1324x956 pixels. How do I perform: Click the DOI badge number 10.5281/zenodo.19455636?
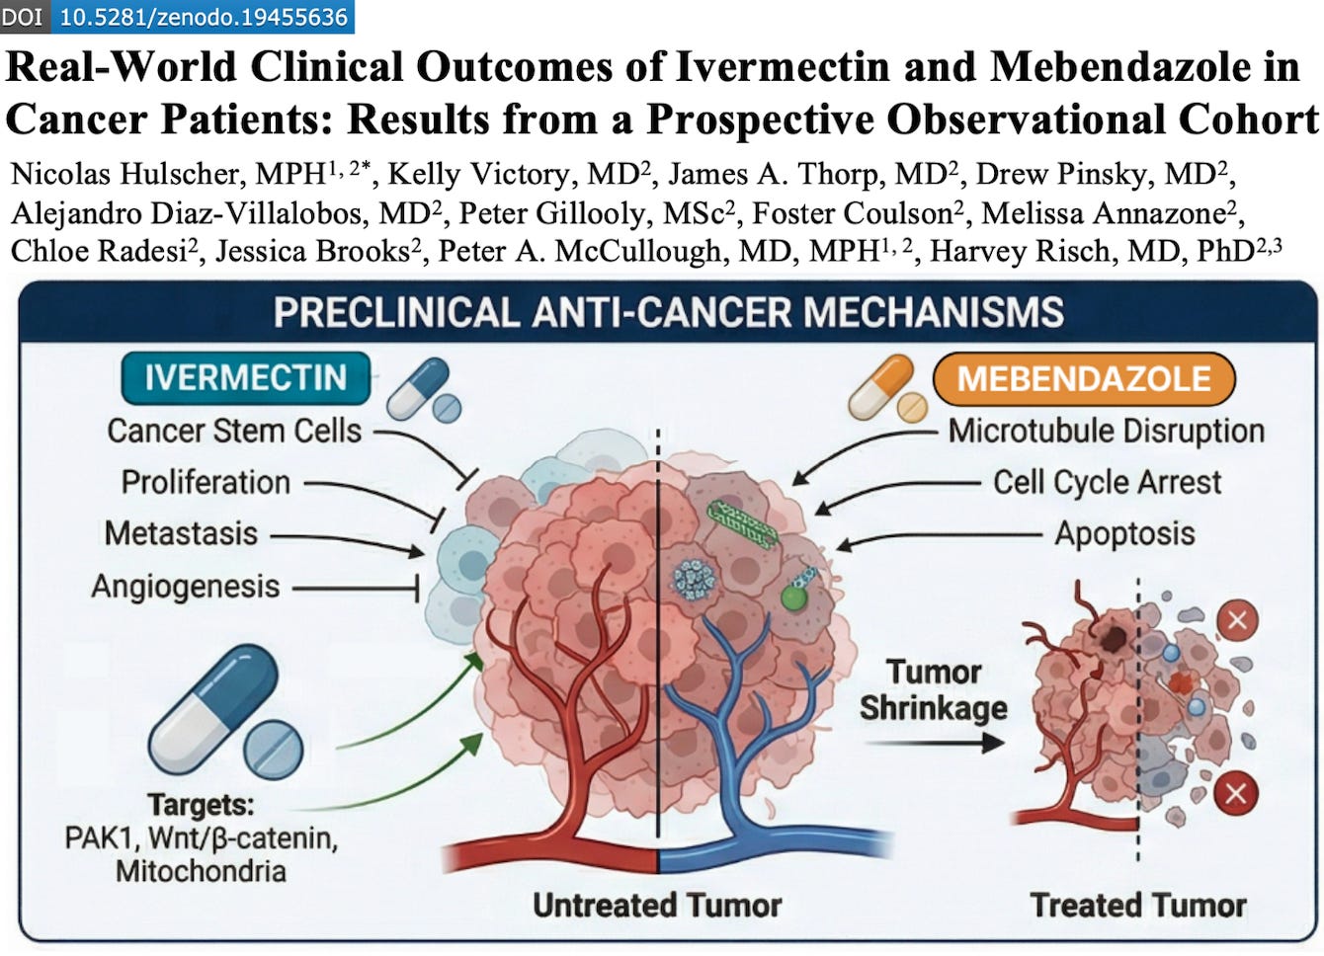coord(204,17)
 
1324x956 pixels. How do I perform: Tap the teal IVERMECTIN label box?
coord(245,378)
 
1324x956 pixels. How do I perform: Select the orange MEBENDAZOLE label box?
coord(1084,379)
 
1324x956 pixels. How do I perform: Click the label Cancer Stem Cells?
coord(234,431)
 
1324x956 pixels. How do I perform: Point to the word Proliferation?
coord(206,482)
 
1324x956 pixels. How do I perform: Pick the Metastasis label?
coord(181,533)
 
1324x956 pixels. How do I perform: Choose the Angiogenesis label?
coord(186,587)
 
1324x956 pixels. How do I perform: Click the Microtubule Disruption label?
coord(1107,431)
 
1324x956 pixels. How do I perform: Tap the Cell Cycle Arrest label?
coord(1107,482)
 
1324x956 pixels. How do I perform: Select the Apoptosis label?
coord(1124,533)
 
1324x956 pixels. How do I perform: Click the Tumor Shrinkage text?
coord(933,689)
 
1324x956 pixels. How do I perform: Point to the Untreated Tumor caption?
coord(657,905)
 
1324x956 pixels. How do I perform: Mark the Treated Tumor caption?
coord(1138,905)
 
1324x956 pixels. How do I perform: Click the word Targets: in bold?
coord(201,805)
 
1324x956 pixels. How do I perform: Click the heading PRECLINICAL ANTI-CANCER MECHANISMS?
coord(669,312)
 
